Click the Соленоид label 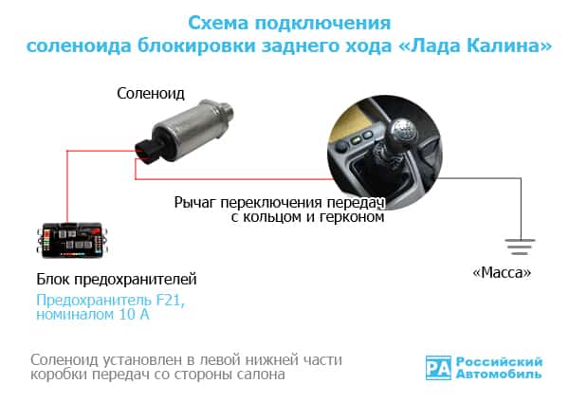pyautogui.click(x=151, y=94)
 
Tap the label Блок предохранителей pyautogui.click(x=117, y=279)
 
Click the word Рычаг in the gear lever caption pyautogui.click(x=195, y=202)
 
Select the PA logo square pyautogui.click(x=437, y=368)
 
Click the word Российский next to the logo pyautogui.click(x=500, y=361)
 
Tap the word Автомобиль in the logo pyautogui.click(x=500, y=376)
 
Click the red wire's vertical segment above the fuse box pyautogui.click(x=65, y=190)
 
